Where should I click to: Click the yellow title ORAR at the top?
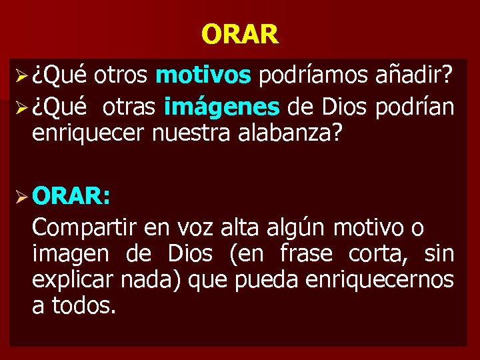tap(239, 34)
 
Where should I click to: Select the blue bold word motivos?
tap(203, 77)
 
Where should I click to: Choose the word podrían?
tap(415, 106)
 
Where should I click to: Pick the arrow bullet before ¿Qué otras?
tap(19, 107)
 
